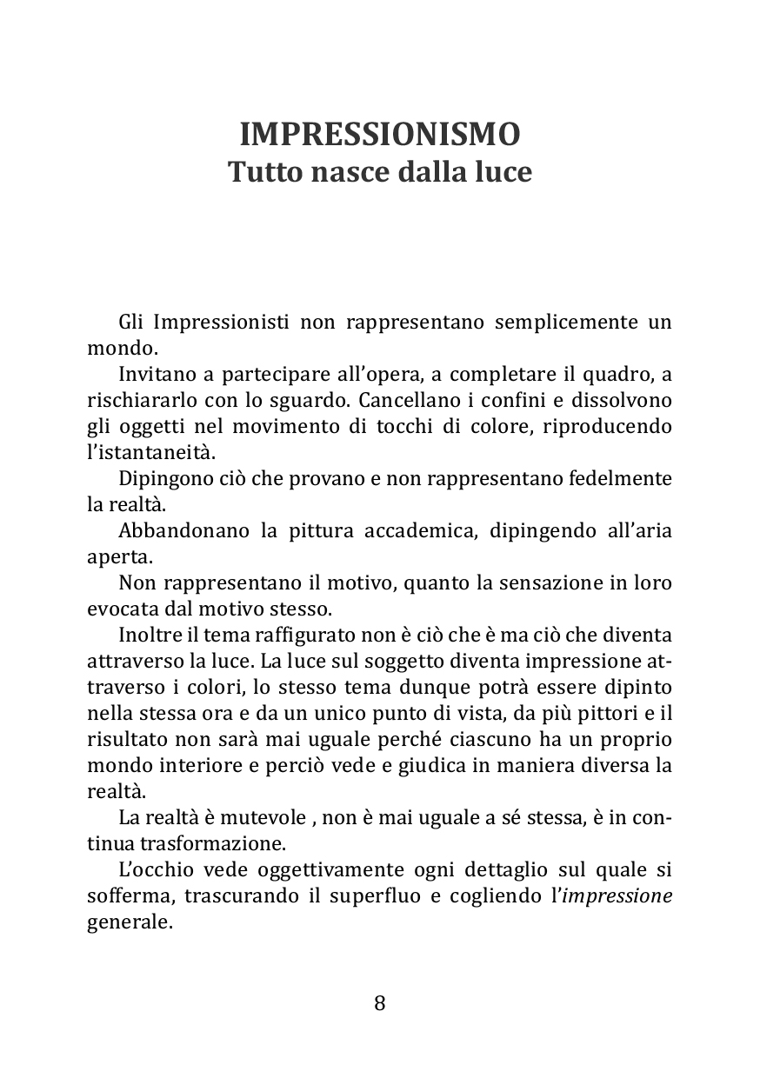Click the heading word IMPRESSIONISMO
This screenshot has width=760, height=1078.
click(379, 134)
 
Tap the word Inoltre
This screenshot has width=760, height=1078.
click(148, 635)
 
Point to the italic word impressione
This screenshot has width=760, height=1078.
click(617, 896)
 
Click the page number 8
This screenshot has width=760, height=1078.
click(379, 1003)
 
